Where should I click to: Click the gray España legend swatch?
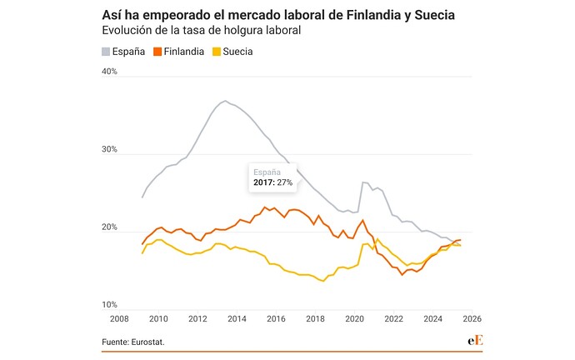click(107, 52)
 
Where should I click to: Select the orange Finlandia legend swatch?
click(158, 52)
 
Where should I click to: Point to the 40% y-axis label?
click(110, 72)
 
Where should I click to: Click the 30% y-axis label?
click(110, 150)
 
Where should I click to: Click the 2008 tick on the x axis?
click(119, 318)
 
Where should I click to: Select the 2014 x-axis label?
click(237, 318)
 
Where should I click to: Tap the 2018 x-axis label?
click(315, 318)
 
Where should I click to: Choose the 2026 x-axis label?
click(472, 318)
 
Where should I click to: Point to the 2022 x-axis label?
click(393, 318)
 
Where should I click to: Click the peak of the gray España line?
click(225, 102)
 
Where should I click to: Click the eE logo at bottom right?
click(477, 341)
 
